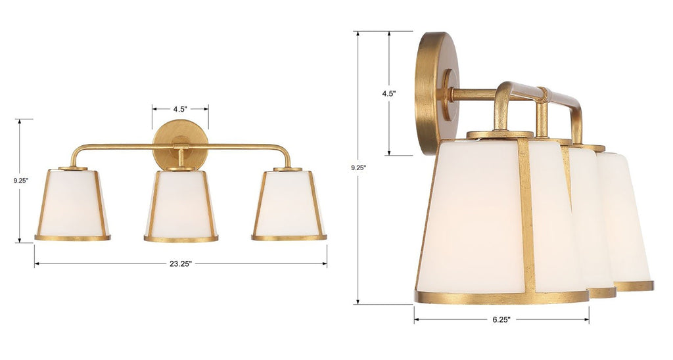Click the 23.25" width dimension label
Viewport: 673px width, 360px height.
click(x=181, y=264)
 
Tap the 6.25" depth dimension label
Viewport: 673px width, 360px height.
click(x=500, y=320)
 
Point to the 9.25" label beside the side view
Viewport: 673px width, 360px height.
click(x=358, y=168)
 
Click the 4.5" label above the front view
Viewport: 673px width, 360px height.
click(x=180, y=109)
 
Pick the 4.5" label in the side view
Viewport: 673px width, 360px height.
click(x=388, y=93)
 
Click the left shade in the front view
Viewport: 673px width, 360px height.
click(x=72, y=204)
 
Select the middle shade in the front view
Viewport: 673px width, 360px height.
click(x=181, y=204)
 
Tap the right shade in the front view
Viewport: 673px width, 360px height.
click(x=289, y=204)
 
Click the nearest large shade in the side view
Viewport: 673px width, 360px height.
click(x=473, y=217)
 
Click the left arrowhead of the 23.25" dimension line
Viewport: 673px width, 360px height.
click(x=37, y=264)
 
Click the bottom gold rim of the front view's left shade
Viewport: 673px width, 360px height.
click(x=72, y=238)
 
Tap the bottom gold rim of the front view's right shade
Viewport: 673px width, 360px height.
click(x=289, y=238)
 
